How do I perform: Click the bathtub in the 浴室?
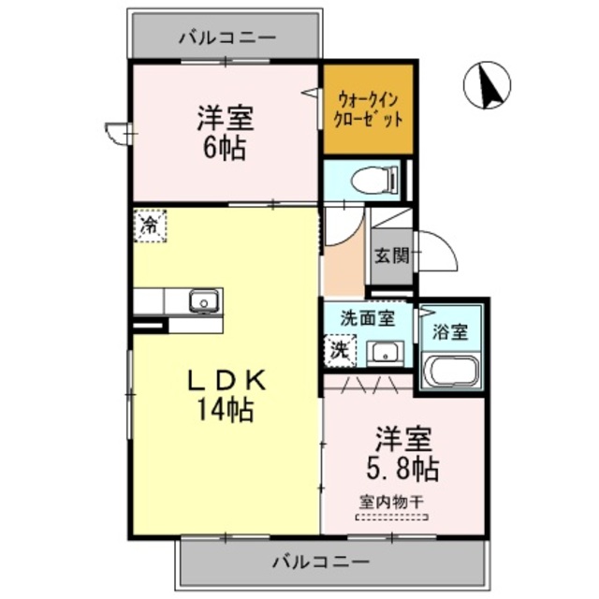(451, 369)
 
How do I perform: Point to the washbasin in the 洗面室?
(384, 353)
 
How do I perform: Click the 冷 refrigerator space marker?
(150, 225)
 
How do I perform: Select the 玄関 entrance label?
(393, 255)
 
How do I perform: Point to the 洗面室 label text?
(367, 318)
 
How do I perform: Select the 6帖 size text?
(225, 149)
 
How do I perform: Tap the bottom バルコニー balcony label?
(321, 562)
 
